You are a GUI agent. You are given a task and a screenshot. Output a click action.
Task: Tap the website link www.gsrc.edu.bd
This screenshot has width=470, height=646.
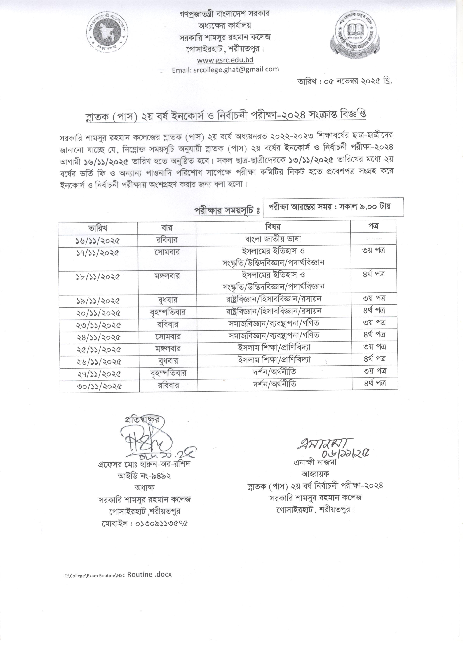(225, 60)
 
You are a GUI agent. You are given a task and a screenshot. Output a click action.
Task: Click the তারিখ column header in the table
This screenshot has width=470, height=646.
(98, 227)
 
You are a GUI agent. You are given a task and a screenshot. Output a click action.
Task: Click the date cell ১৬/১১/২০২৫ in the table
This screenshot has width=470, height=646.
(98, 241)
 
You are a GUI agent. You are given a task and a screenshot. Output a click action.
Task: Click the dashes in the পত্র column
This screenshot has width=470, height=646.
(373, 239)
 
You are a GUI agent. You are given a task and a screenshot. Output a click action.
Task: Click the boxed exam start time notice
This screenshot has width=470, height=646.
(333, 207)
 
